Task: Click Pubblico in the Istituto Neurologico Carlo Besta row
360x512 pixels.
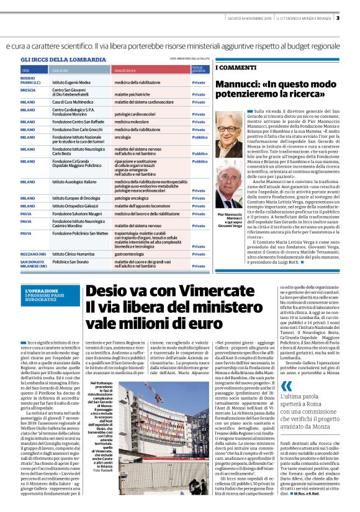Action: tap(200, 153)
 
